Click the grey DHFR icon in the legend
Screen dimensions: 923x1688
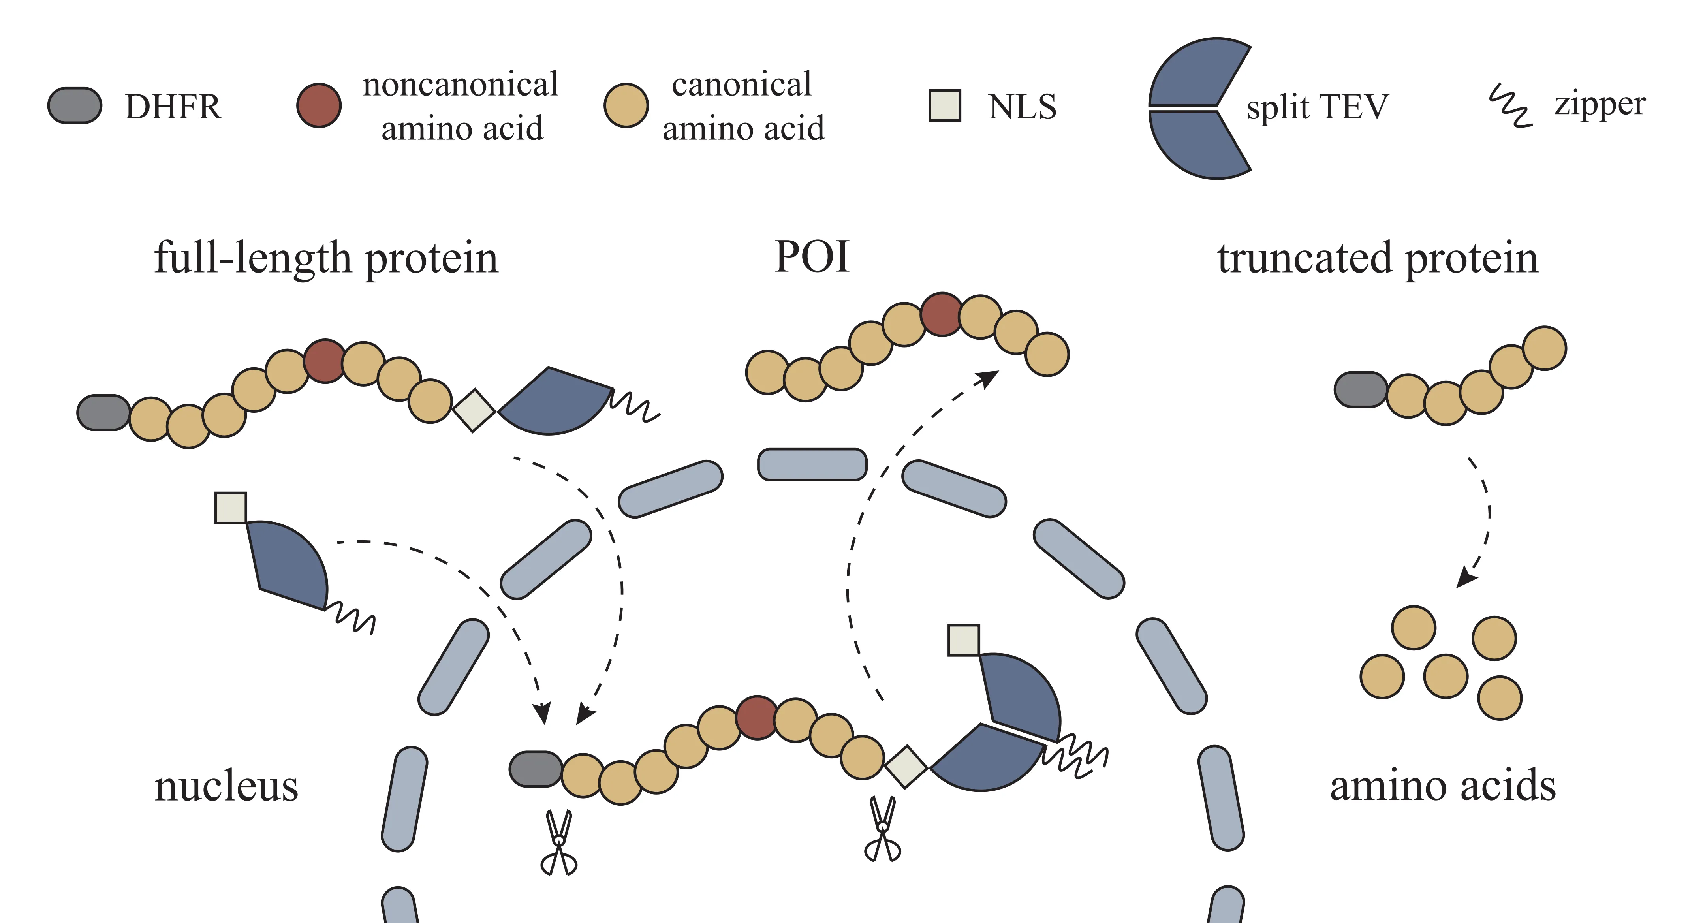pyautogui.click(x=75, y=105)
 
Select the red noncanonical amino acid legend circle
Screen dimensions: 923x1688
pyautogui.click(x=318, y=105)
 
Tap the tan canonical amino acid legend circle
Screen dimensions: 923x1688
pyautogui.click(x=626, y=105)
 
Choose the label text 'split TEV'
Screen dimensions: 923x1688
pyautogui.click(x=1317, y=107)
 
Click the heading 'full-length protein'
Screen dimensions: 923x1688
pyautogui.click(x=326, y=258)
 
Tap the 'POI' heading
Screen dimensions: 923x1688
pyautogui.click(x=812, y=256)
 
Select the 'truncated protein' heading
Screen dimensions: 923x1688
pyautogui.click(x=1378, y=258)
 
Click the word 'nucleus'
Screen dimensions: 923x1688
pyautogui.click(x=226, y=786)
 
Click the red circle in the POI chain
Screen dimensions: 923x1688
pyautogui.click(x=942, y=314)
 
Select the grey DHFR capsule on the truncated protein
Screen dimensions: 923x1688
pyautogui.click(x=1360, y=390)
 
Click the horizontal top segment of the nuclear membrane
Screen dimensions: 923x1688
pyautogui.click(x=812, y=464)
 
